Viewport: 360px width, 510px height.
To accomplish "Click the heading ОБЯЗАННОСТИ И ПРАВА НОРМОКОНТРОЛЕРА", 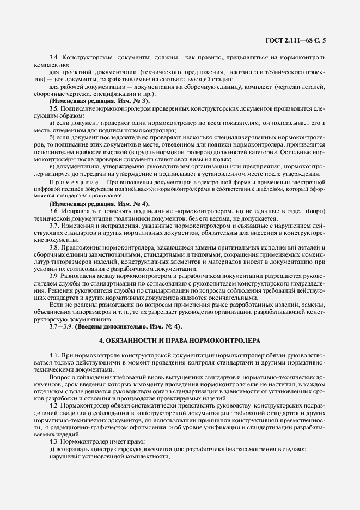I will coord(180,341).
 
